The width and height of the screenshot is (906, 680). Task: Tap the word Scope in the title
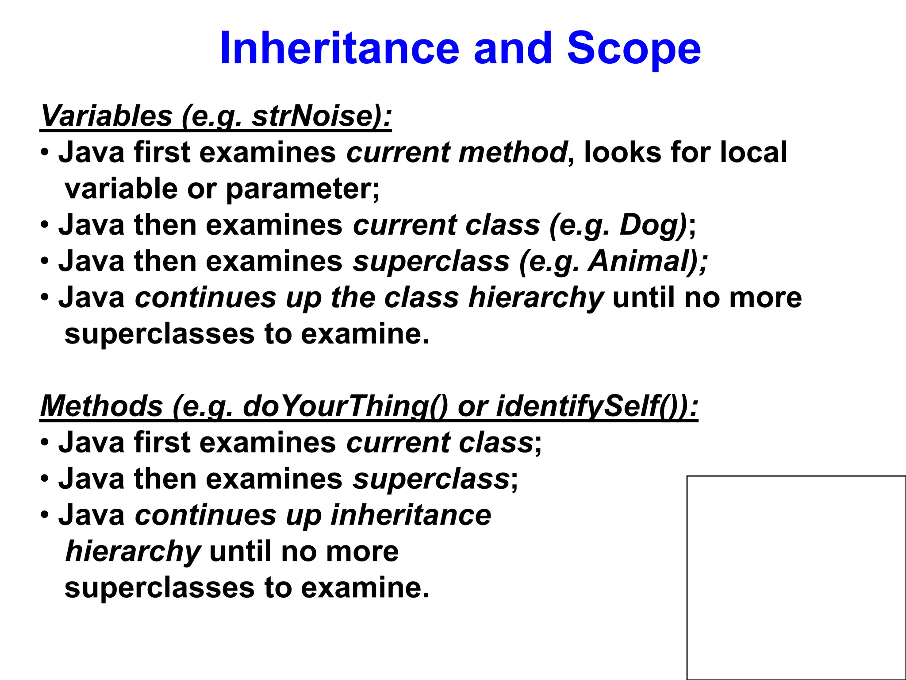click(x=633, y=49)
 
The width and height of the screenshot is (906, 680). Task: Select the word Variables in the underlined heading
click(x=106, y=116)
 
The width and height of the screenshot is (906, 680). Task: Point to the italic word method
click(x=513, y=152)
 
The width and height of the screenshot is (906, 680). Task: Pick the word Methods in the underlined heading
click(x=102, y=406)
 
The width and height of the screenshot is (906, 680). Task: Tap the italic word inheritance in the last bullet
click(x=411, y=515)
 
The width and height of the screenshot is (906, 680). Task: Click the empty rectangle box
click(x=796, y=577)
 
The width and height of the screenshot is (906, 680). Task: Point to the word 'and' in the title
click(x=513, y=48)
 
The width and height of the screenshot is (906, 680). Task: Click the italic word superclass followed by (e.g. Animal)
click(x=431, y=261)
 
